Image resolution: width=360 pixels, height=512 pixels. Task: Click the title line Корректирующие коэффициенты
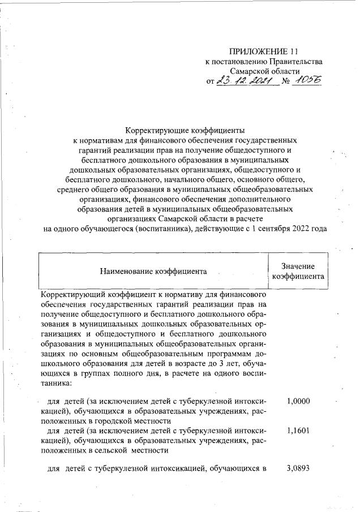tap(185, 129)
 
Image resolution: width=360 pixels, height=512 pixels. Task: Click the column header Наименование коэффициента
tap(153, 271)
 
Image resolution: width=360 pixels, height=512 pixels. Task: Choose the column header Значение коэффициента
tap(298, 271)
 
